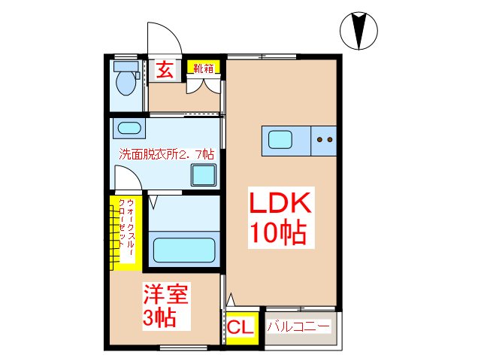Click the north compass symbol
point(358,30)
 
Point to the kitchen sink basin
point(281,139)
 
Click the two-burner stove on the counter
point(325,139)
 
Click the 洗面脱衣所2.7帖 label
point(167,154)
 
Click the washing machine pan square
point(203,174)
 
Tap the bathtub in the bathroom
point(184,247)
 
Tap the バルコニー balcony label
point(299,327)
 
